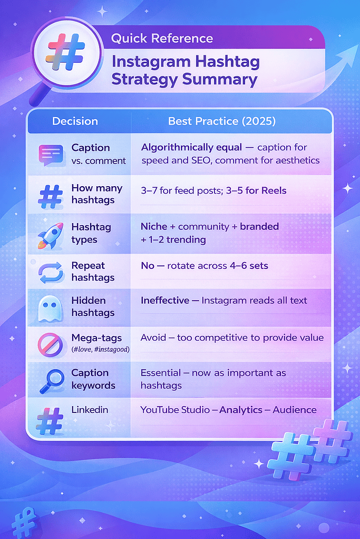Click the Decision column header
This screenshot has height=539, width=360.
[x=75, y=121]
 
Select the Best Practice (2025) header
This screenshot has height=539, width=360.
[x=222, y=121]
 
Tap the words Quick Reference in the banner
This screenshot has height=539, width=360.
[x=162, y=38]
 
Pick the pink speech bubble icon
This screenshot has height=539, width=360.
[x=51, y=155]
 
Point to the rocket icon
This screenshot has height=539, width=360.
[x=50, y=235]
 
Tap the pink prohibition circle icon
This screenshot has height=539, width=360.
[x=50, y=344]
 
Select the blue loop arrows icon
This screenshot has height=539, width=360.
[x=51, y=273]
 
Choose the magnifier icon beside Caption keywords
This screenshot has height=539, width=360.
[x=52, y=381]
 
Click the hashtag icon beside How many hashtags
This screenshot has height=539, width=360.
[x=51, y=197]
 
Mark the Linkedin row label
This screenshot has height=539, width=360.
[x=90, y=410]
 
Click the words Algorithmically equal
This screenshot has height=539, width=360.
[x=192, y=147]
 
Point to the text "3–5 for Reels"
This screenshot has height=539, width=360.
[x=256, y=190]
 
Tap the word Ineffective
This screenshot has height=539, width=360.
[x=165, y=301]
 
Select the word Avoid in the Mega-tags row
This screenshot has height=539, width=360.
[x=153, y=338]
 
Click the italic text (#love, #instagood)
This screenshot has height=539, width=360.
[x=100, y=350]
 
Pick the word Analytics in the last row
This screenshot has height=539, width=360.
[x=241, y=410]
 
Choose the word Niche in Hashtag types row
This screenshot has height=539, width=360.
[x=154, y=227]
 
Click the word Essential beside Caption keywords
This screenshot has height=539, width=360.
[x=161, y=373]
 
